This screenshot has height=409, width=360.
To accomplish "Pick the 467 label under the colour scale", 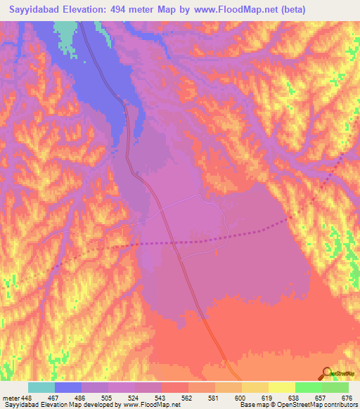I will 55,397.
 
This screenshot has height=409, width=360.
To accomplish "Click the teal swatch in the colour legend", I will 41,387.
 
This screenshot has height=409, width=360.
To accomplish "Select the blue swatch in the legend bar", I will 68,387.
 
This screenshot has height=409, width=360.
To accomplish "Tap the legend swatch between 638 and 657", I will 308,387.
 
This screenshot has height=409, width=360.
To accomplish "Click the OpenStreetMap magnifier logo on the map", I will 326,372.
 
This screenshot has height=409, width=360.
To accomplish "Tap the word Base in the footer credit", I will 246,405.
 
